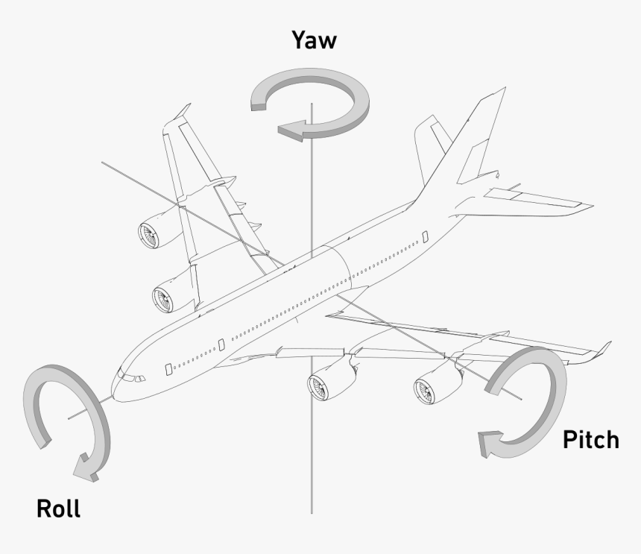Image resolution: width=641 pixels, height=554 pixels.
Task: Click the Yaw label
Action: point(314,41)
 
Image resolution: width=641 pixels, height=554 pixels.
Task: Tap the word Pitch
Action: point(590,440)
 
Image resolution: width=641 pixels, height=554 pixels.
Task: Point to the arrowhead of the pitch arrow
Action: point(487,444)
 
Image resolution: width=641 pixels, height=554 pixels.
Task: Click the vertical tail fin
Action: point(462,149)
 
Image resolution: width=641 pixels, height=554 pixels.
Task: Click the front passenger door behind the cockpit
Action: point(168,368)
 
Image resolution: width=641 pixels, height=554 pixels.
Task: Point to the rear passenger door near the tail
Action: point(425,236)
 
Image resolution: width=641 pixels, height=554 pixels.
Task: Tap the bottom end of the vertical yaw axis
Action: point(312,511)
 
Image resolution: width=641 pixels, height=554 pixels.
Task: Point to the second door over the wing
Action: point(221,344)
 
